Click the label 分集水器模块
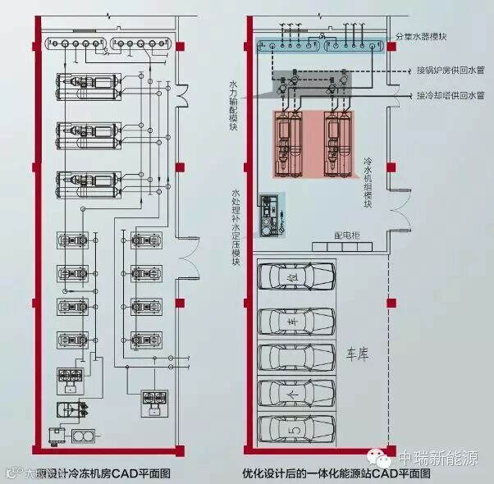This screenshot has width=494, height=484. [x=422, y=37]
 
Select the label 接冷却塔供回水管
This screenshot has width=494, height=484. [x=446, y=94]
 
